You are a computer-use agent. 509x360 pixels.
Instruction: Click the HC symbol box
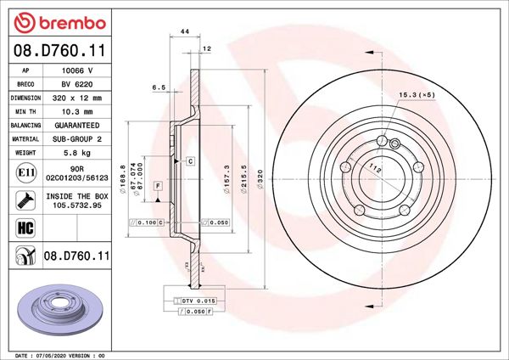(x=25, y=228)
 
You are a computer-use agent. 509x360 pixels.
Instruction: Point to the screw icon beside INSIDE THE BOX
(x=25, y=200)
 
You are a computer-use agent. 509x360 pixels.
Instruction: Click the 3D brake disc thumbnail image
(x=59, y=309)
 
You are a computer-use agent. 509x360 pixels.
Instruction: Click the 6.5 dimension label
(x=157, y=87)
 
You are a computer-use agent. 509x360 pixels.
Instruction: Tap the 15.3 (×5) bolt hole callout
(x=416, y=95)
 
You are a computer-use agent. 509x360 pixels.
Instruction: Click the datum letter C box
(x=190, y=160)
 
